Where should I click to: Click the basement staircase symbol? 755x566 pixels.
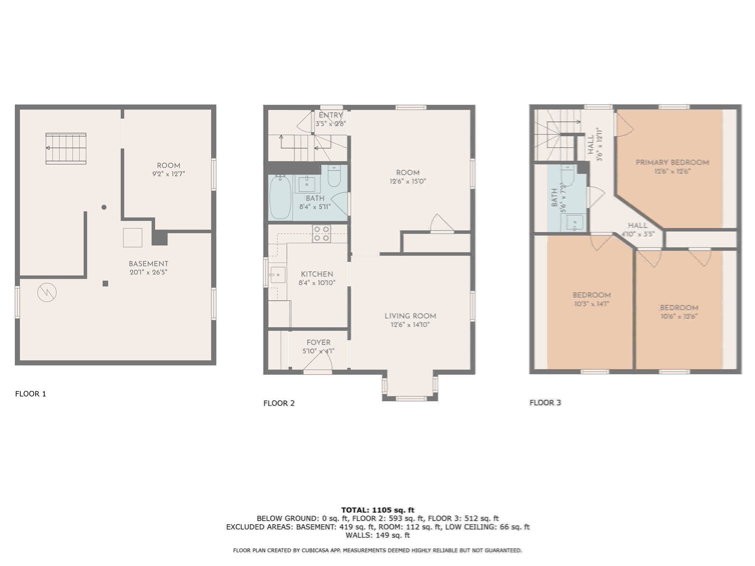(66, 148)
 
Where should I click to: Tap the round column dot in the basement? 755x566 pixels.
(104, 207)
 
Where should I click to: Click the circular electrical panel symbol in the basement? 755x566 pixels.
(47, 293)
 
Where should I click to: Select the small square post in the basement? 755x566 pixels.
(105, 283)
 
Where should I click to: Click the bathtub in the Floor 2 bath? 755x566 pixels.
(280, 198)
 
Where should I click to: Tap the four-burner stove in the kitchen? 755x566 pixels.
(321, 234)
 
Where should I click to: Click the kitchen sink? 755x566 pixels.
(278, 275)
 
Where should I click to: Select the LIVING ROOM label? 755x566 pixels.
(410, 316)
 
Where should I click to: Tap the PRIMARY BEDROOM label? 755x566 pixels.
(672, 163)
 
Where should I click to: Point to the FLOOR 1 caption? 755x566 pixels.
(31, 394)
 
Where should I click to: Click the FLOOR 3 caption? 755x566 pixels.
(545, 403)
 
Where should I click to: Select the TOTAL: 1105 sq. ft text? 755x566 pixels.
(377, 510)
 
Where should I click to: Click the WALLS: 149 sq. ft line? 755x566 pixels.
(377, 535)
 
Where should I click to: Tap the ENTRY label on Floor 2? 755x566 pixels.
(330, 115)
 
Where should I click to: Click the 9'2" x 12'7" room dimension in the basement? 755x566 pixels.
(168, 174)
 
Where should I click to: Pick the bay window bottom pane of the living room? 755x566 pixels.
(410, 398)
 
